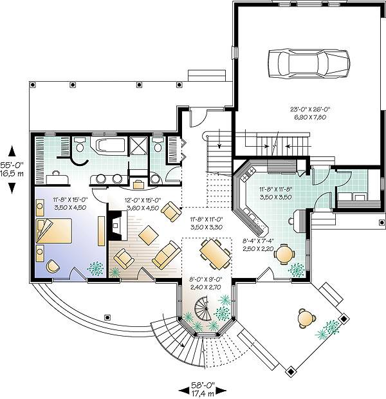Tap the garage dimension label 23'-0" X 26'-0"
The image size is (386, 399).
(x=310, y=109)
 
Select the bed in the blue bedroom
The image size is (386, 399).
(x=54, y=231)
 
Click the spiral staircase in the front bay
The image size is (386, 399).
(x=203, y=309)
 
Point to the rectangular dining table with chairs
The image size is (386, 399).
(x=215, y=254)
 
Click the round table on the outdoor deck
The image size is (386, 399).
(x=307, y=318)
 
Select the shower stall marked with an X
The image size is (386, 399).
(x=138, y=146)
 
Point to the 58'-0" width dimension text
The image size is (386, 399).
(x=203, y=384)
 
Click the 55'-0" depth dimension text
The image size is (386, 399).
(x=12, y=165)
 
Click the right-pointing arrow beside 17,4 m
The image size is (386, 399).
(x=221, y=391)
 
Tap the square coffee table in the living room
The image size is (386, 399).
(x=148, y=235)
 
